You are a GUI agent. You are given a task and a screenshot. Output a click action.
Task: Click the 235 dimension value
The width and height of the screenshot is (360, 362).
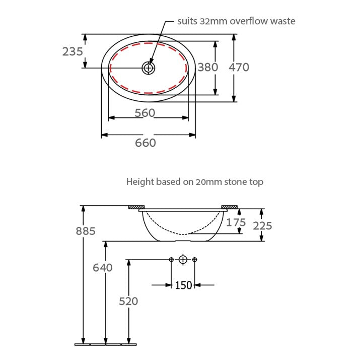(73, 51)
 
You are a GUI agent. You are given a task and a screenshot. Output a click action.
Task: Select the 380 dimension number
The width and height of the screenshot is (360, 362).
(207, 67)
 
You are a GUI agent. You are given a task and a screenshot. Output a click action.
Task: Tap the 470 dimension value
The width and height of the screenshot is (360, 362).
(239, 67)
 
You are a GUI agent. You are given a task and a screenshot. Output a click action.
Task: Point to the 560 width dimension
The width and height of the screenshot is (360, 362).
(145, 113)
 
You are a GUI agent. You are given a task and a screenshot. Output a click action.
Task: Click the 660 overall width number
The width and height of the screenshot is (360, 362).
(145, 143)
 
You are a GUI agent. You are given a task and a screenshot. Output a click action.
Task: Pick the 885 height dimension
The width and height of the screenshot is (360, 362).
(85, 231)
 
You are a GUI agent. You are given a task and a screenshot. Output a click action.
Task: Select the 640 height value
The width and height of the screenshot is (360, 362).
(102, 268)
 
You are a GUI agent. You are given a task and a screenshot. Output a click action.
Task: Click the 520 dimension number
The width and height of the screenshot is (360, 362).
(128, 301)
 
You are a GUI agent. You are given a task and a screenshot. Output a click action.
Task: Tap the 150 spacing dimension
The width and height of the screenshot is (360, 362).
(183, 285)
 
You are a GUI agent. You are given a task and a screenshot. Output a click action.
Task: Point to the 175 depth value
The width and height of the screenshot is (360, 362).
(236, 222)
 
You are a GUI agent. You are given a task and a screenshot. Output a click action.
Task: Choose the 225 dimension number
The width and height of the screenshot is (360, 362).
(262, 226)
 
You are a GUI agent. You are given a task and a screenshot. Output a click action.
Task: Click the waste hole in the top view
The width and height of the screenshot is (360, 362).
(148, 68)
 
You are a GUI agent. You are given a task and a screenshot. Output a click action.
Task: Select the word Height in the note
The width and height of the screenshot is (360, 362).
(139, 182)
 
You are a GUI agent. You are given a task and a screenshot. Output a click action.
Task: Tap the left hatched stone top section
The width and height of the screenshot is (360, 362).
(136, 207)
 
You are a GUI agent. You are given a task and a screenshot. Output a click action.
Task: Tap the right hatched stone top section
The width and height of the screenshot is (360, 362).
(230, 207)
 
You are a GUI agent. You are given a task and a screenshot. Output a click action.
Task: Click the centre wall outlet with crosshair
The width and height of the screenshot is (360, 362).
(183, 260)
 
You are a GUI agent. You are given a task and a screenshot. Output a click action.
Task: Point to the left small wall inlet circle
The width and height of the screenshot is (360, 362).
(171, 260)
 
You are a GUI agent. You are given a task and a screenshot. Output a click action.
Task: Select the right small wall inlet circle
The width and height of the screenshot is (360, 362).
(195, 260)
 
